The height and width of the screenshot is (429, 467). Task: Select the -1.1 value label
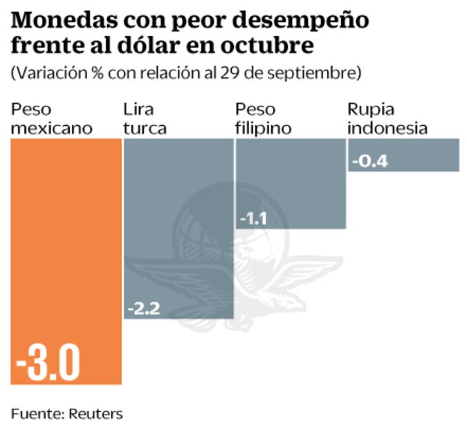point(253,219)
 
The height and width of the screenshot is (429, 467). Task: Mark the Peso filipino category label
point(263,119)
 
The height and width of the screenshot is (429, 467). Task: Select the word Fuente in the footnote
point(36,414)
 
